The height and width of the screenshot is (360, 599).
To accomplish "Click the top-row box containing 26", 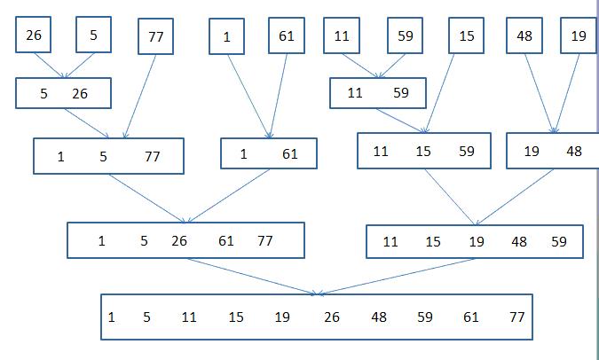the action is tap(33, 35).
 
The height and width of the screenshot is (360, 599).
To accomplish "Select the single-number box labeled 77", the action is tap(155, 36).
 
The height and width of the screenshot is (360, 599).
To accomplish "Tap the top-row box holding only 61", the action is tap(287, 35).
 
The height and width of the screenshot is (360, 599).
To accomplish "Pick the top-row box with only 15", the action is tap(466, 35).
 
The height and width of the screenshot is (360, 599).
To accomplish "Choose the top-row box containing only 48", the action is tap(524, 35).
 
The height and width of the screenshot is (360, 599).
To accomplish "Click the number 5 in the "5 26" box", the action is tap(44, 94).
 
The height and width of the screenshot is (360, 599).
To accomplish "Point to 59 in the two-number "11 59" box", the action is tap(401, 93).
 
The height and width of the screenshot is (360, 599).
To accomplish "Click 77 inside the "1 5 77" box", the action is tap(152, 157).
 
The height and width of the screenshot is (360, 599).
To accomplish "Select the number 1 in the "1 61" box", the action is tap(244, 154).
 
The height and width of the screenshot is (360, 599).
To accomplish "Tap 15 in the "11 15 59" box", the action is tap(423, 152).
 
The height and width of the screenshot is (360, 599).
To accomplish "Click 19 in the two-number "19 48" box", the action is tap(532, 152).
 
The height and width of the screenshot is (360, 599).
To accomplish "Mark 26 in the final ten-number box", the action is tap(332, 317).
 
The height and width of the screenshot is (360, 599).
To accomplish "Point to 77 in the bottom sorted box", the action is tap(516, 317).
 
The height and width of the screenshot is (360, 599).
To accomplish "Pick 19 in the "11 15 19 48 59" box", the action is tap(477, 242).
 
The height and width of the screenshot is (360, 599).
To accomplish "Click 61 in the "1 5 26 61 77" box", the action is tap(225, 241).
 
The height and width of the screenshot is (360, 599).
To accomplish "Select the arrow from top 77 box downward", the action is tap(140, 97).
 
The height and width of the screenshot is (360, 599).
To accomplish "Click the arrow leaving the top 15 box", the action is tap(439, 93).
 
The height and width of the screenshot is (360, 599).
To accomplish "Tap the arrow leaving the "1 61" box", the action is tap(228, 196).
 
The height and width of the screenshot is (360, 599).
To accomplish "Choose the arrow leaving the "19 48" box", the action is tap(514, 198).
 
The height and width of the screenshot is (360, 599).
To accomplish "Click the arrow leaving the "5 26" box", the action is tap(87, 123).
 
